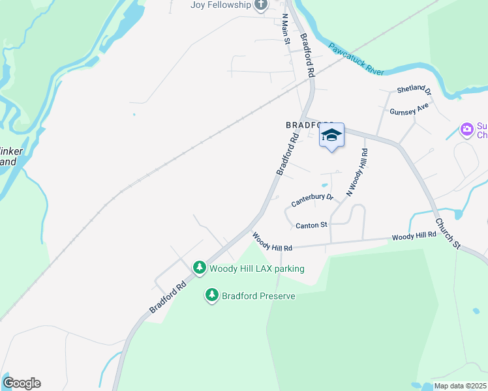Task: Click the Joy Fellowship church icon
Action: pyautogui.click(x=261, y=5)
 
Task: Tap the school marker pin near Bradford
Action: pyautogui.click(x=331, y=136)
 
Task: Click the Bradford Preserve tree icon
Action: pyautogui.click(x=211, y=296)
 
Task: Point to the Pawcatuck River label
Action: pyautogui.click(x=356, y=59)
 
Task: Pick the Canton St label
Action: pyautogui.click(x=311, y=225)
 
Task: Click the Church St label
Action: pyautogui.click(x=448, y=233)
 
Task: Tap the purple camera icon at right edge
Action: pyautogui.click(x=466, y=129)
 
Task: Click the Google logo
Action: pyautogui.click(x=22, y=383)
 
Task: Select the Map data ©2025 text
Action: pyautogui.click(x=460, y=386)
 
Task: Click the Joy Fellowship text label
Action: pyautogui.click(x=221, y=5)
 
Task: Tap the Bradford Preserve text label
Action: pyautogui.click(x=258, y=296)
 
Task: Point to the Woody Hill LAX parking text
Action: pyautogui.click(x=256, y=268)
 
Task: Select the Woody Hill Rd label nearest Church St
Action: pyautogui.click(x=414, y=236)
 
